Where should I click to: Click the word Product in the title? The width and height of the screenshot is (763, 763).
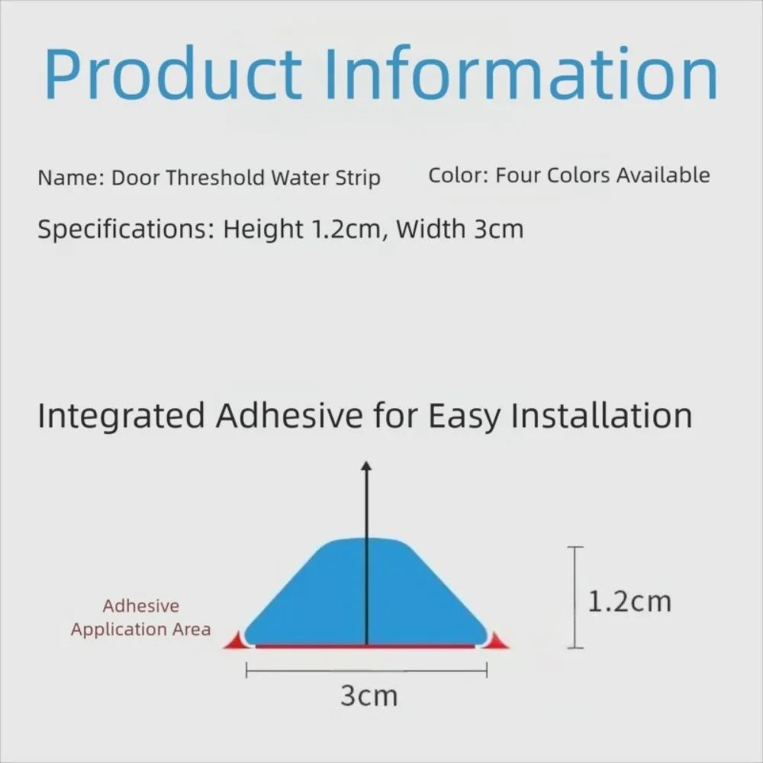pyautogui.click(x=172, y=74)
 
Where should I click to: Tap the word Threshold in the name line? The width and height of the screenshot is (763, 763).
pyautogui.click(x=216, y=177)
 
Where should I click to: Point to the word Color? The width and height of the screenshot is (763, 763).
pyautogui.click(x=459, y=175)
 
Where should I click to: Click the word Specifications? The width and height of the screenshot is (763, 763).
pyautogui.click(x=127, y=229)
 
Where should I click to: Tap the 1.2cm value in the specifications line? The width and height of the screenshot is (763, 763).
pyautogui.click(x=349, y=229)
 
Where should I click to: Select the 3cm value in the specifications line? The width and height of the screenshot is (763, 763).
pyautogui.click(x=499, y=229)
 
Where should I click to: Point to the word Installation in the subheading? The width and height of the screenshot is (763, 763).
pyautogui.click(x=601, y=416)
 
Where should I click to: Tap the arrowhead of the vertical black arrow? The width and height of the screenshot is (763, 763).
pyautogui.click(x=366, y=465)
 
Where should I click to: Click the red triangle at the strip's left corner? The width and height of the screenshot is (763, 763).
pyautogui.click(x=234, y=640)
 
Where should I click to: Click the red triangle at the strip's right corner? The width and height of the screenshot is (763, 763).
pyautogui.click(x=497, y=640)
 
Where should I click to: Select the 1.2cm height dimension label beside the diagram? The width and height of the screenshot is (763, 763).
pyautogui.click(x=629, y=601)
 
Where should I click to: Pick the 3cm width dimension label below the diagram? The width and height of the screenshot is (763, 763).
pyautogui.click(x=369, y=696)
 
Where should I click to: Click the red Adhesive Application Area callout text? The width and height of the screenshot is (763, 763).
pyautogui.click(x=140, y=617)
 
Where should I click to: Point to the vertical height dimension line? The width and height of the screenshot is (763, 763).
pyautogui.click(x=575, y=597)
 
